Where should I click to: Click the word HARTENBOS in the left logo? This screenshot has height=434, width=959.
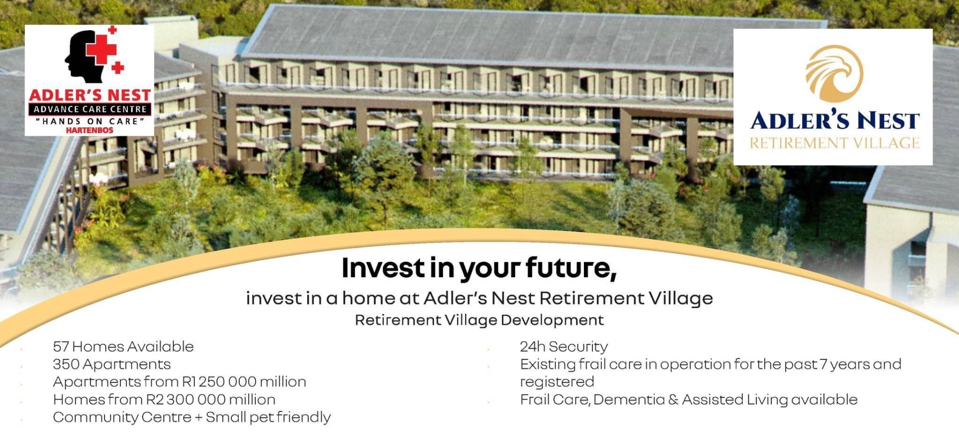[89, 130]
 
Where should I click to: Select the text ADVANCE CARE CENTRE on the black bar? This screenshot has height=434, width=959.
[90, 109]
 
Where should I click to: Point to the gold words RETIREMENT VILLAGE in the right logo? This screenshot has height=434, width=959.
[834, 143]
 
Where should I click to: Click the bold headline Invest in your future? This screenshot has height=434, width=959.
[479, 268]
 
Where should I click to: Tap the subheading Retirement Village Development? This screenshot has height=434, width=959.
[479, 320]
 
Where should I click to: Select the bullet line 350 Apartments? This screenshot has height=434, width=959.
[112, 364]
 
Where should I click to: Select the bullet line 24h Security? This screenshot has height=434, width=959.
[564, 347]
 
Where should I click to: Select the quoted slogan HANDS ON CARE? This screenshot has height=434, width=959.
[90, 121]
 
